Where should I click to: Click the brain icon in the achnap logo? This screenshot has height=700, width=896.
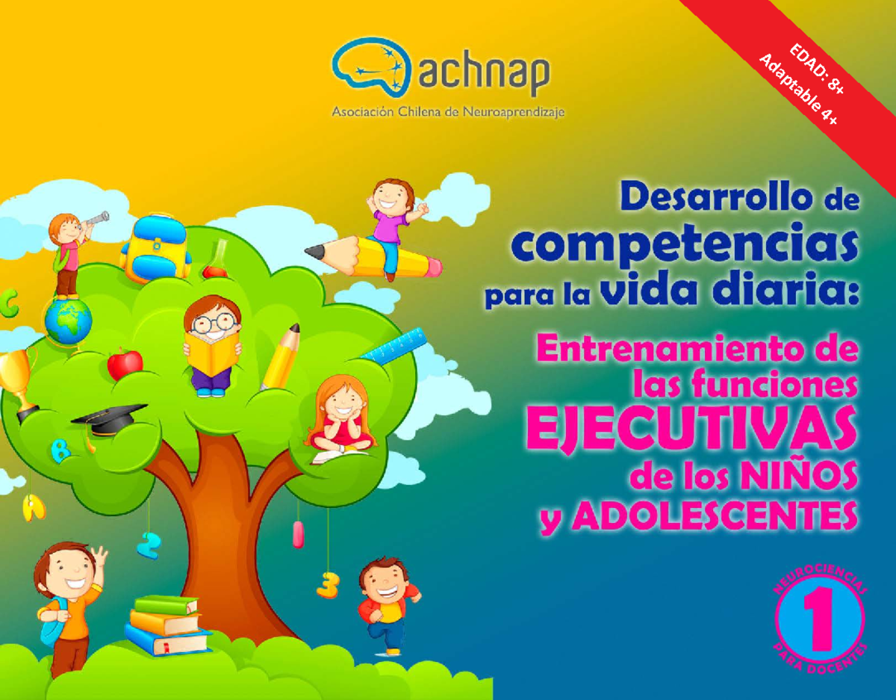point(371,66)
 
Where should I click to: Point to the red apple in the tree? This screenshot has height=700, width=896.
point(125,363)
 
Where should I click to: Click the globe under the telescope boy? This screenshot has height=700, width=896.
point(68,322)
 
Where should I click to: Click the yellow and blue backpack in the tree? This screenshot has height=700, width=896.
point(155,247)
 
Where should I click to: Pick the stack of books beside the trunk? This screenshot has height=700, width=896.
point(166,625)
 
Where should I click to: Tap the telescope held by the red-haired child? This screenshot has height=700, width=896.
point(95,219)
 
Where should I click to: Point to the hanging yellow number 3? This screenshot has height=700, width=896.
point(326,583)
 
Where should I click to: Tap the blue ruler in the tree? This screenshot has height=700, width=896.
point(391,348)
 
